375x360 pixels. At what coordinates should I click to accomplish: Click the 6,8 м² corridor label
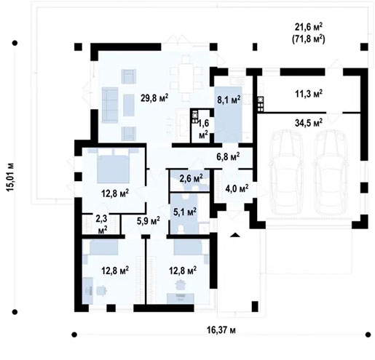(228, 155)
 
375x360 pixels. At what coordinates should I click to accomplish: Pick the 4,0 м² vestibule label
(236, 188)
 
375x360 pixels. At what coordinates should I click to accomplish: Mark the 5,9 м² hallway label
(148, 221)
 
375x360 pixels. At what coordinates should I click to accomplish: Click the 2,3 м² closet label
(102, 222)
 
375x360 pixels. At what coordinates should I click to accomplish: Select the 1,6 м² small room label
(203, 128)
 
